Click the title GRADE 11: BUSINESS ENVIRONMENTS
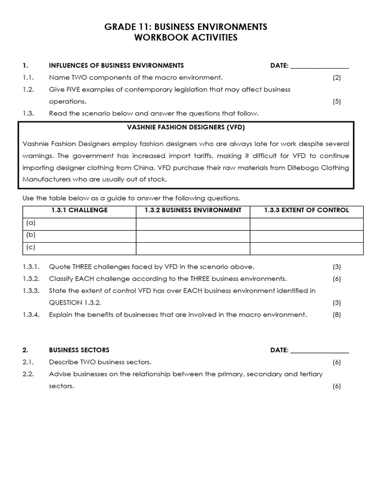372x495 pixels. [186, 27]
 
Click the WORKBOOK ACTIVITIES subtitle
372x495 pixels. [186, 38]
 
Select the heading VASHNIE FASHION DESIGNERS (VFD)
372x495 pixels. [186, 128]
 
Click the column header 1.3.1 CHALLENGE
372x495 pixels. [79, 210]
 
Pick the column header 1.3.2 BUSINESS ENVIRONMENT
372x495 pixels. [193, 210]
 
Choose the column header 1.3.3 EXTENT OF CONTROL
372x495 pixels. [306, 210]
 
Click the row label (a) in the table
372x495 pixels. [31, 223]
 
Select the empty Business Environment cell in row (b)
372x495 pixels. [193, 236]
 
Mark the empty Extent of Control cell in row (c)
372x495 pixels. [306, 248]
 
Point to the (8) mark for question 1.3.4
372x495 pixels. [337, 315]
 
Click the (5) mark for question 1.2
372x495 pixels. [337, 102]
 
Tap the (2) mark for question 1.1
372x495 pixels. [337, 77]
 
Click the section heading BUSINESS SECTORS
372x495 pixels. [79, 350]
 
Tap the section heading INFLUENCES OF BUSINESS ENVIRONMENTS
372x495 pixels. [116, 66]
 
